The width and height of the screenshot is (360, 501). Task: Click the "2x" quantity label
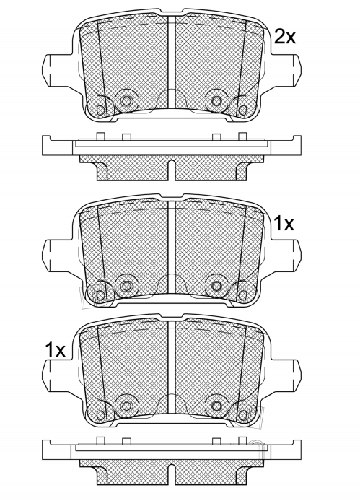point(285,37)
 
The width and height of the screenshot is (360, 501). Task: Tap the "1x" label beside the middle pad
point(284,223)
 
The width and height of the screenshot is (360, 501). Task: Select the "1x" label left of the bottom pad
point(56,349)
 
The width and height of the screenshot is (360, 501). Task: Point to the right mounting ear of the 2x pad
point(285,70)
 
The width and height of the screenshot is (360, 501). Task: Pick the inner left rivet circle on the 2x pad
point(126,101)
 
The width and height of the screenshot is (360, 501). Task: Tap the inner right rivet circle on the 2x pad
point(216,101)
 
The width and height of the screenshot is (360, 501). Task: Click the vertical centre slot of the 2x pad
point(172,62)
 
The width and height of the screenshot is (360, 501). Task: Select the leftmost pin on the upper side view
point(100,136)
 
